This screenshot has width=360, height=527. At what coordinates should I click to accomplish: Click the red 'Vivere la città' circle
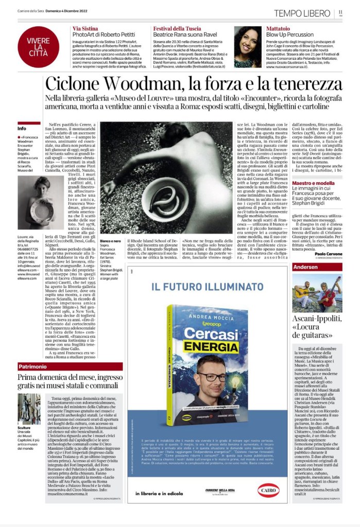(38, 47)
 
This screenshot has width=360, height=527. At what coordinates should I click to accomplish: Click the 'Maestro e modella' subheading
(313, 183)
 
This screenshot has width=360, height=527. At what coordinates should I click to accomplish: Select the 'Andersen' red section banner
(306, 267)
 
